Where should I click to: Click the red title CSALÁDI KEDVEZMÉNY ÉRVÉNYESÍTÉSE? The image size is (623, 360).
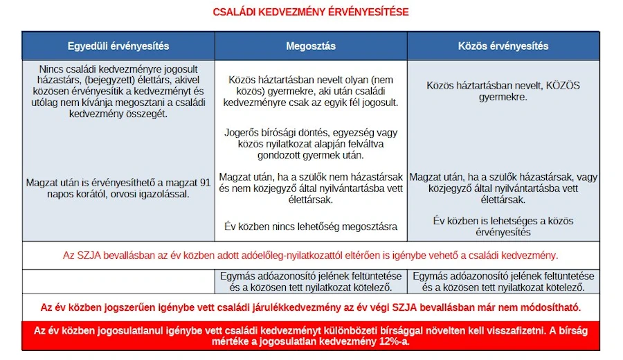tap(311, 12)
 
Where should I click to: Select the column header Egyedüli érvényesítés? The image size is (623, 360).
tap(118, 46)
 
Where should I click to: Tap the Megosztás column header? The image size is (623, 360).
tap(311, 46)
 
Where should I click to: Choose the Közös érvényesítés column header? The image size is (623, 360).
tap(503, 46)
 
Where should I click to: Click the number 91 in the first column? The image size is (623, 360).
tap(204, 183)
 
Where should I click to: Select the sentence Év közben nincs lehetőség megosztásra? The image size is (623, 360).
tap(311, 226)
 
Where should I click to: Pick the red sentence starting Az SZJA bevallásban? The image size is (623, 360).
tap(311, 255)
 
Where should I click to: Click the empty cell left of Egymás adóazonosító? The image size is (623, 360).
tap(118, 281)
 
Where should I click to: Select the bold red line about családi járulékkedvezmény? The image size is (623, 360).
tap(311, 307)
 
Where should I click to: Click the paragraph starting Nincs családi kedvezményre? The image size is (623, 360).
tap(118, 91)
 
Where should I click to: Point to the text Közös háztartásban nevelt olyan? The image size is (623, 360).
tap(311, 80)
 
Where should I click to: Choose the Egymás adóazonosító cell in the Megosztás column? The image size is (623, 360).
tap(311, 281)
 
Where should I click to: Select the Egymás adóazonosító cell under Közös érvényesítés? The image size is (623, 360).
tap(503, 281)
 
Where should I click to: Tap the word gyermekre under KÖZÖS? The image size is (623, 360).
tap(503, 97)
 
